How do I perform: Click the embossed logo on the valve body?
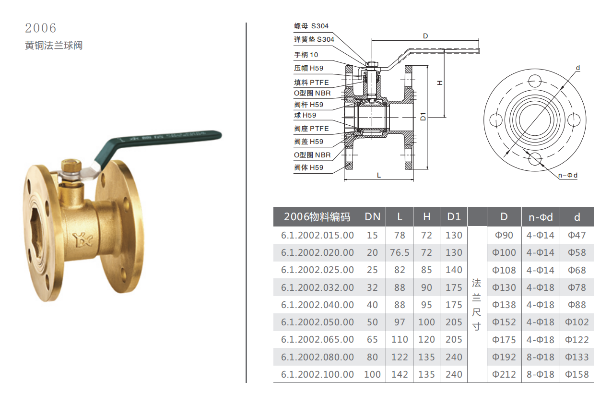pos(82,240)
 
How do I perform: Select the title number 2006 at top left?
pos(41,28)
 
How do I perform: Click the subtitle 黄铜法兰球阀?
pos(54,46)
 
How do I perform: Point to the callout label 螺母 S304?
pos(311,26)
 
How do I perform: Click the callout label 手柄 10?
pos(306,55)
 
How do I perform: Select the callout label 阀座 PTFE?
pos(311,129)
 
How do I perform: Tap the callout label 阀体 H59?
pos(308,167)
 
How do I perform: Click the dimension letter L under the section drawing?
pos(379,175)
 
